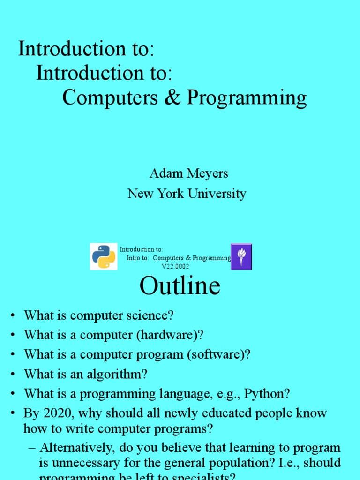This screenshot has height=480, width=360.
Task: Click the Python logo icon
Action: point(104,256)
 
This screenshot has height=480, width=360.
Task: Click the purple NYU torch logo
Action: point(241,256)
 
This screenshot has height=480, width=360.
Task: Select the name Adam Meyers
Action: point(188,173)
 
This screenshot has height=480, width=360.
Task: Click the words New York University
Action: point(187,194)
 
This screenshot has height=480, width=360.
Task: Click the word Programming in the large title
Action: point(247,98)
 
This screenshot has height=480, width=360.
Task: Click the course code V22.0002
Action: point(175,266)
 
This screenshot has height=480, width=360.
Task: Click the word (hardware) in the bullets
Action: point(175,335)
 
